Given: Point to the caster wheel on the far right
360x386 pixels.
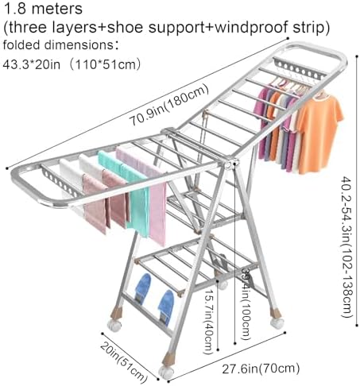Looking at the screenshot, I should pyautogui.click(x=276, y=322).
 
